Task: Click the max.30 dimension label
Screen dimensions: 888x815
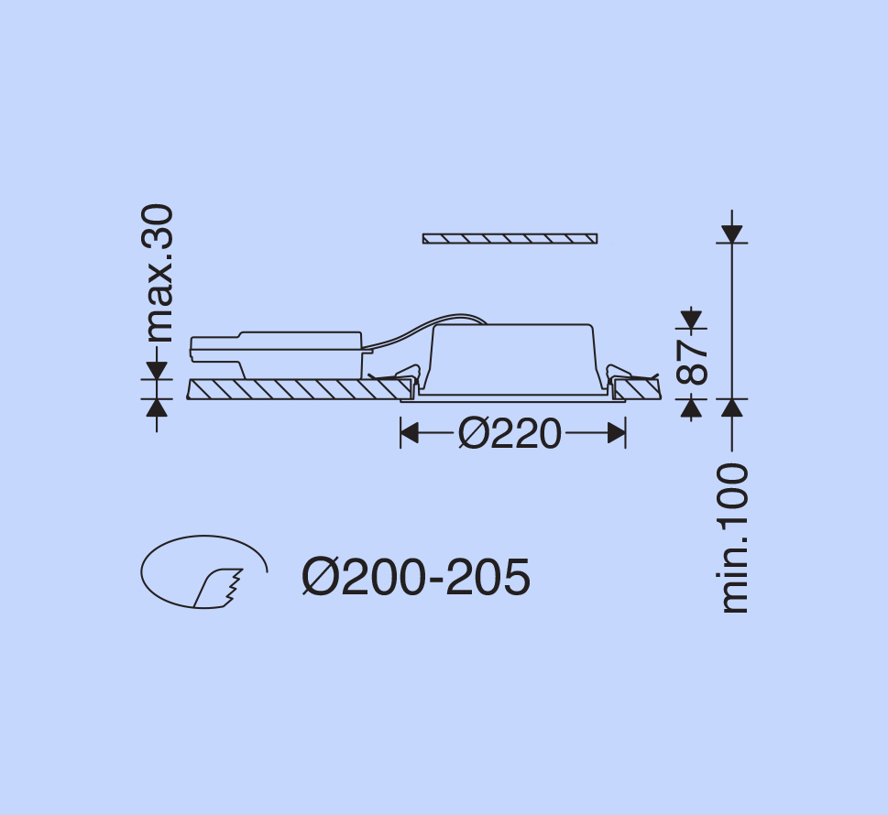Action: (157, 274)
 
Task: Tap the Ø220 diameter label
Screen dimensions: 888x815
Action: (510, 434)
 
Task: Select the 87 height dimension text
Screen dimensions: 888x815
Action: (692, 363)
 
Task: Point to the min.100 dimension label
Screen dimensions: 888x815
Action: (733, 538)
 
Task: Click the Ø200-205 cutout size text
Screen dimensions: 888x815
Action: (416, 577)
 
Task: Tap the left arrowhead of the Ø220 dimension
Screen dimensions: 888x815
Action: (409, 433)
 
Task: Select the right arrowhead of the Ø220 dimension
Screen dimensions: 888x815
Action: (617, 433)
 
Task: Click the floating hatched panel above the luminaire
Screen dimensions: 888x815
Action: (510, 238)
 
